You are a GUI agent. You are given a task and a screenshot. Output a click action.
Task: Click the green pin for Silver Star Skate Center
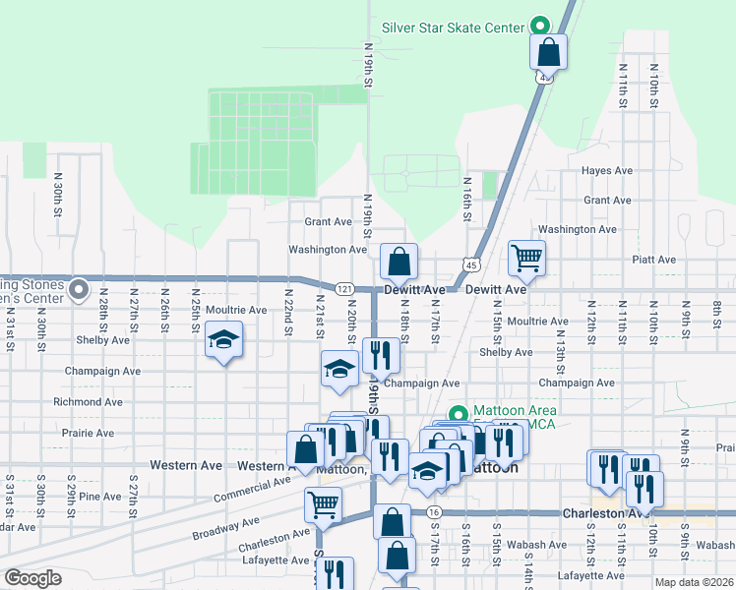538,27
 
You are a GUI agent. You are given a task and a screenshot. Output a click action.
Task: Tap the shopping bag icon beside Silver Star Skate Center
549,52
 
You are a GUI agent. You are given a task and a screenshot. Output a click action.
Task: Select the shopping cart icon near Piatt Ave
526,259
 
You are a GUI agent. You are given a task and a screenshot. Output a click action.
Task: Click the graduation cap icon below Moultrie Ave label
224,340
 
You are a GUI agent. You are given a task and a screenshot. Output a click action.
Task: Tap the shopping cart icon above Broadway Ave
323,504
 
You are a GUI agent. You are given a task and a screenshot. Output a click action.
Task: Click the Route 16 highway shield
433,511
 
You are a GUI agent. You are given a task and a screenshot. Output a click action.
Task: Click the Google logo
31,578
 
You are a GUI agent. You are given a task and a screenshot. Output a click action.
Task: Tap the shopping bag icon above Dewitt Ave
399,263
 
